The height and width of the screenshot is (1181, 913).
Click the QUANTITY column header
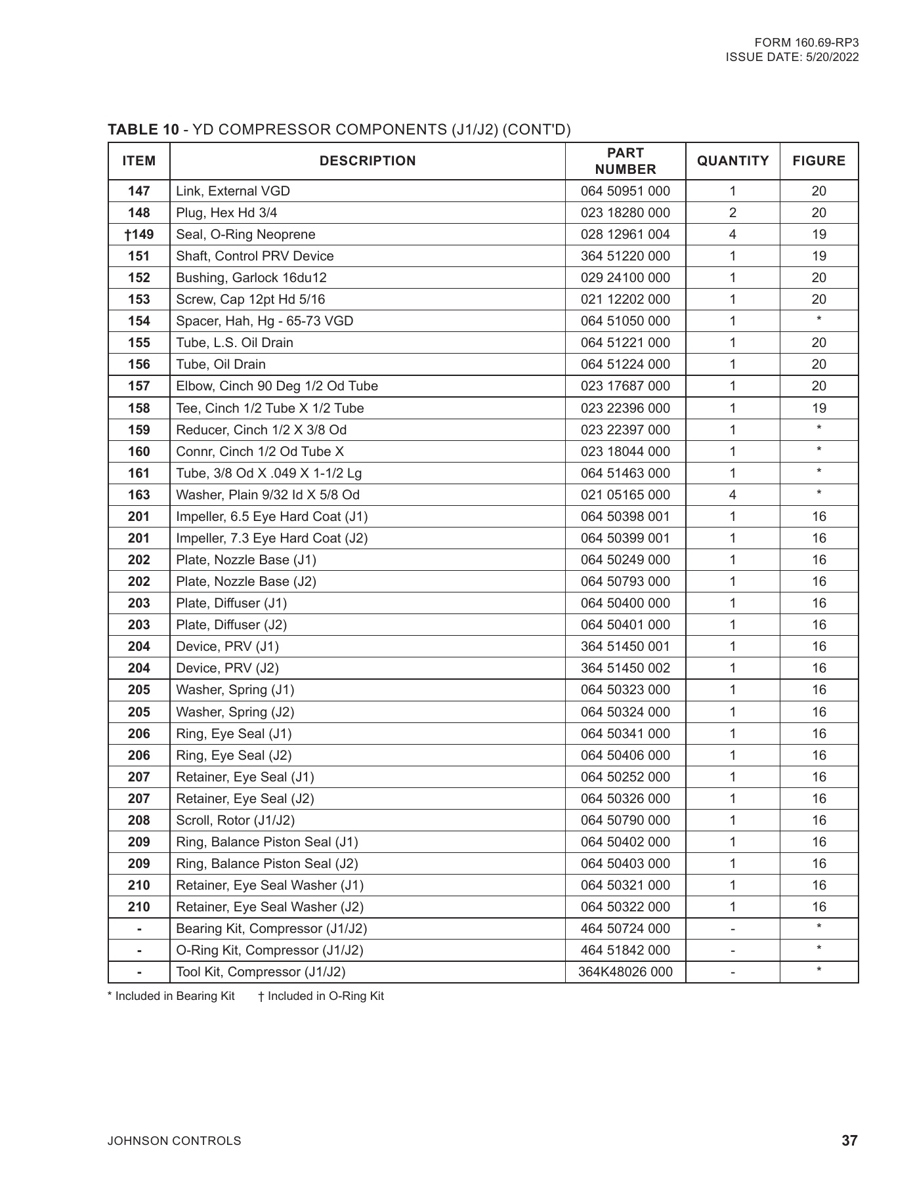[733, 161]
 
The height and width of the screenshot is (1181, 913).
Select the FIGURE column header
[818, 161]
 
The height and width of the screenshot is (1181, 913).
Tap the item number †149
[139, 234]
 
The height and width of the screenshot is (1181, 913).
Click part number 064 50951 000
[625, 191]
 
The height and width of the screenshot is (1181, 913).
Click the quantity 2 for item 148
[733, 213]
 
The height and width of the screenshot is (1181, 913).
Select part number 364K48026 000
[625, 972]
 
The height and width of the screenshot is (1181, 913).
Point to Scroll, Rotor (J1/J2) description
[235, 820]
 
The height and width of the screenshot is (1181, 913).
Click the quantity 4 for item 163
[733, 495]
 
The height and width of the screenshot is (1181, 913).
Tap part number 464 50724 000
[625, 928]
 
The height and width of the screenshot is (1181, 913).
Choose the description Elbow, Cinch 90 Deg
[276, 386]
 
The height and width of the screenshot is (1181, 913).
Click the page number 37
[849, 1140]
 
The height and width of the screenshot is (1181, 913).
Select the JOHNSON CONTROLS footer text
[174, 1141]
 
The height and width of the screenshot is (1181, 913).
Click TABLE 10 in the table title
[142, 129]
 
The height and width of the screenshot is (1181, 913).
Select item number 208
[139, 820]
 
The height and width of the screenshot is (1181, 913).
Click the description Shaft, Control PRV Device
[255, 256]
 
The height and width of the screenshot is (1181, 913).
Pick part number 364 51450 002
[625, 668]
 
